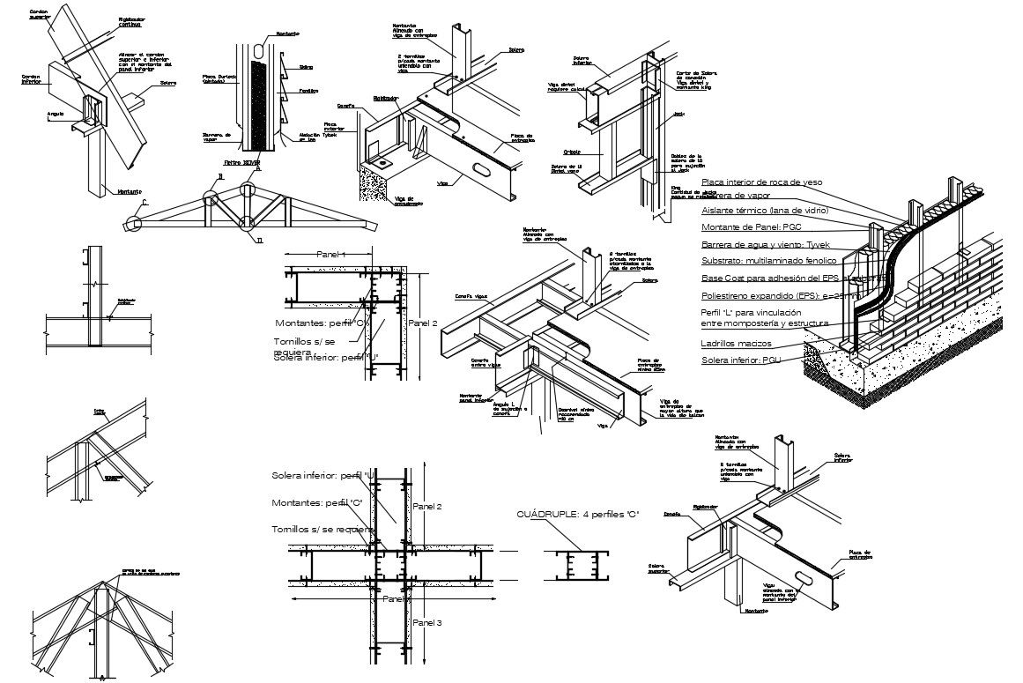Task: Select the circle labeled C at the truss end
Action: coord(132,225)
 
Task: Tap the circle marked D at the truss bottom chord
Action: coord(248,224)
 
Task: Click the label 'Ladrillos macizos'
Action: coord(736,343)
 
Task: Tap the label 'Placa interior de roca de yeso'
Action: coord(761,182)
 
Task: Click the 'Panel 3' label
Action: coord(426,623)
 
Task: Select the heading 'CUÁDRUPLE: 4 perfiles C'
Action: coord(577,514)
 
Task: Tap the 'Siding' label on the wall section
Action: coord(308,66)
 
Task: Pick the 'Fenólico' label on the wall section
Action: coord(309,91)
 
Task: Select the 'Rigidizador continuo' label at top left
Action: coord(130,21)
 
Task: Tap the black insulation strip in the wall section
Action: coord(256,104)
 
